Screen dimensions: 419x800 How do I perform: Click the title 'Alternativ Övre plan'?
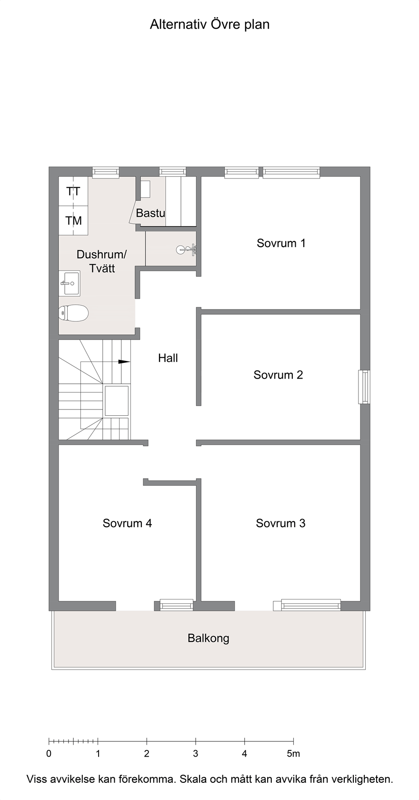[x=209, y=25]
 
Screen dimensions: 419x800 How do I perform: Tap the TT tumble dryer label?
[x=74, y=191]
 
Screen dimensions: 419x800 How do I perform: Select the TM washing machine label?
[x=74, y=221]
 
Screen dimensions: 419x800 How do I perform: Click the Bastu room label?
[x=150, y=213]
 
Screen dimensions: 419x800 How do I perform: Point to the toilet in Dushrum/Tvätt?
[x=73, y=313]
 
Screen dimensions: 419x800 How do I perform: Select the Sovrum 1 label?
[x=281, y=243]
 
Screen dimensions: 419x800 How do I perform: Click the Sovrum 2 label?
[x=278, y=375]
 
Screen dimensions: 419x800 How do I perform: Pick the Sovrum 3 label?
[x=281, y=524]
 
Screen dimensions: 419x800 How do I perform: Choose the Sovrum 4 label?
[x=128, y=524]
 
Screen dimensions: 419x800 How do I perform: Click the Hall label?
[x=168, y=358]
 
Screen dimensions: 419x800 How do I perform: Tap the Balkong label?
[x=209, y=639]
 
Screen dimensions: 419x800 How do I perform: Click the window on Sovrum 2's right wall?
[x=364, y=387]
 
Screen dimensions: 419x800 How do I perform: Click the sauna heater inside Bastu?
[x=146, y=190]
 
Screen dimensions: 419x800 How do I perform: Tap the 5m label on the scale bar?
[x=293, y=754]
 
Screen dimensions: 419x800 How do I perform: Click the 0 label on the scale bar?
[x=49, y=754]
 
